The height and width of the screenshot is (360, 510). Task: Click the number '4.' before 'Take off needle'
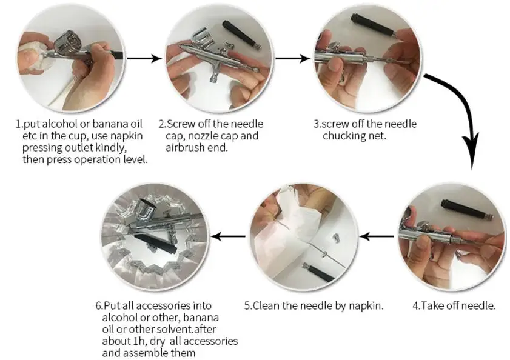(x=416, y=305)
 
